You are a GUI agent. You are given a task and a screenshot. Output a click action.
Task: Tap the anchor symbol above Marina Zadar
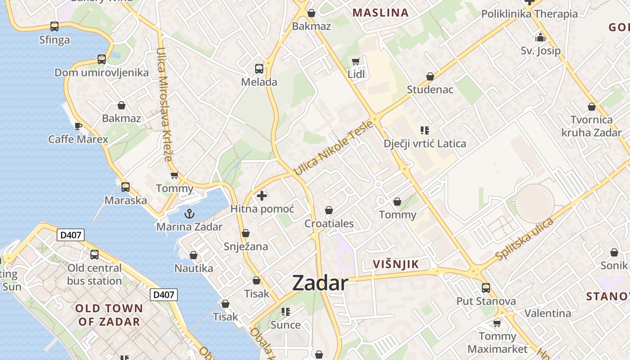tap(189, 214)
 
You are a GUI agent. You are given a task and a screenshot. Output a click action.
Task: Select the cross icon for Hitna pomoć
tap(262, 196)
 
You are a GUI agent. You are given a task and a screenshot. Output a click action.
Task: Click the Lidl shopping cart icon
tap(356, 61)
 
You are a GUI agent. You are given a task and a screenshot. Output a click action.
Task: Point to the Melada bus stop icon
tap(259, 69)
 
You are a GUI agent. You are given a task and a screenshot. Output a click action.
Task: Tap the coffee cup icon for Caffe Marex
tap(78, 126)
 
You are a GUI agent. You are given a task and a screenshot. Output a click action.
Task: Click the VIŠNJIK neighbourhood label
tap(396, 265)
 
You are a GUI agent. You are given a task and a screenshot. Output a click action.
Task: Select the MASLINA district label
tap(380, 13)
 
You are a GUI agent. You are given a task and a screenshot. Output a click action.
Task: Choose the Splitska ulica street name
tap(524, 239)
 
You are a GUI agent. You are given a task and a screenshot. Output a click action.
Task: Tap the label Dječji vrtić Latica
tap(425, 144)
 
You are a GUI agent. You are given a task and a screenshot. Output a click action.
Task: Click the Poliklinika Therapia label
tap(529, 14)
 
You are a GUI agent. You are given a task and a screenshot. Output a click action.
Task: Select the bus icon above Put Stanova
tap(486, 288)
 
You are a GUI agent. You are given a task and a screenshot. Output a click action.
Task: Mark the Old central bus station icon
tap(94, 255)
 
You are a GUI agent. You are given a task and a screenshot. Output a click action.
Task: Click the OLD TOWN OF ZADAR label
tap(109, 315)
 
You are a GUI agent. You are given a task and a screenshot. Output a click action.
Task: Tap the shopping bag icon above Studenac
tap(430, 76)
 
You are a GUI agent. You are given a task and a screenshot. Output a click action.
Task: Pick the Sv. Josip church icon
tap(540, 37)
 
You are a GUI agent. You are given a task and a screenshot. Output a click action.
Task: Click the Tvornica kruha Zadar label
tap(591, 126)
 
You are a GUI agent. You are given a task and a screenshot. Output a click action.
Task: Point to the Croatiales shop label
tap(329, 224)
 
